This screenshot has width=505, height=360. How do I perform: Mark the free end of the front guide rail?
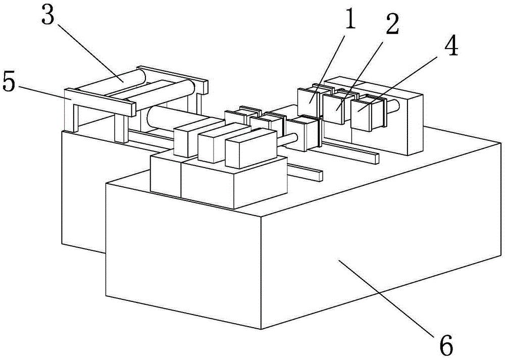317,176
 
